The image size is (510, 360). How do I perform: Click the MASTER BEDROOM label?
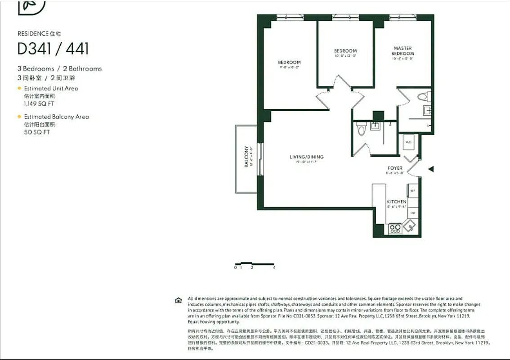pos(403,51)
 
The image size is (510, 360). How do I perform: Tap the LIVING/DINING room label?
pos(306,157)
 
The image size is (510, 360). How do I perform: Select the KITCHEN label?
pos(396,202)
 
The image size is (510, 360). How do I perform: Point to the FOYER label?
pos(395,168)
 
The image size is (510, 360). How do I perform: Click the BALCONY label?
pos(246,156)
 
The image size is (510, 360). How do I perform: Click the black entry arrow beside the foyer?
pos(430,169)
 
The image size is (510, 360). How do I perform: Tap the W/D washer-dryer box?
pos(408,142)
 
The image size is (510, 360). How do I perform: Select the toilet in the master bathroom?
pos(423,96)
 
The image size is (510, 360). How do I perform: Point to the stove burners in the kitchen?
pos(395,229)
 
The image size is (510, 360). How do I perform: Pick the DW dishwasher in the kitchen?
pos(412,212)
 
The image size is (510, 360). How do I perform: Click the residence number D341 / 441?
pos(53,49)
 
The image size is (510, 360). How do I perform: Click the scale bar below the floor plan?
pos(255,264)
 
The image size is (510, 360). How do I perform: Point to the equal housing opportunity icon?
pos(179,301)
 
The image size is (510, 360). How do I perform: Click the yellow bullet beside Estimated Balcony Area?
pos(19,117)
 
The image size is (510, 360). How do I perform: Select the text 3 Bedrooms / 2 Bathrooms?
pos(59,69)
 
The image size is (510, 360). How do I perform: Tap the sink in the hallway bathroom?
pos(375,126)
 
